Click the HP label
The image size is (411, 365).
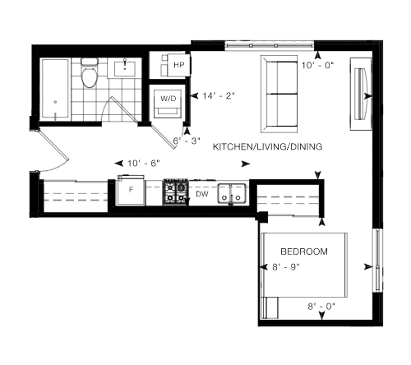pos(179,65)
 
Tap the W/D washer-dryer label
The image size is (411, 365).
pos(169,99)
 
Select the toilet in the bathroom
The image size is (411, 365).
pos(90,72)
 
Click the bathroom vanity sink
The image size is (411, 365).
pos(125,68)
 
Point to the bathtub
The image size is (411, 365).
pos(55,89)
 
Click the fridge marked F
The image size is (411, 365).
pos(131,190)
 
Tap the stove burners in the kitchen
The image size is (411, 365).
pos(176,192)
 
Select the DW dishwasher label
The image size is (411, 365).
pos(202,194)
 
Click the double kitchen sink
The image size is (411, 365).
pos(232,194)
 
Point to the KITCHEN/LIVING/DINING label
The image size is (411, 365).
pos(267,147)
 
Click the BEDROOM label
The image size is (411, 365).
pos(304,252)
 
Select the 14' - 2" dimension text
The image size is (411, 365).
pos(219,96)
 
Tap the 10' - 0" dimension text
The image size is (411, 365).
pos(318,66)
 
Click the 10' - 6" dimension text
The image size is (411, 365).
pos(144,164)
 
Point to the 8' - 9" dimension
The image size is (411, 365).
pos(286,267)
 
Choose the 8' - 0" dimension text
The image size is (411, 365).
pos(321,307)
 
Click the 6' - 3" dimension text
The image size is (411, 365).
pos(187,141)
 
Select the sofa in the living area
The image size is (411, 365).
pos(279,94)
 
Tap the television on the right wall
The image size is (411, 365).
pos(362,94)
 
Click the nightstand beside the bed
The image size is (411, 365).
pos(270,307)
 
